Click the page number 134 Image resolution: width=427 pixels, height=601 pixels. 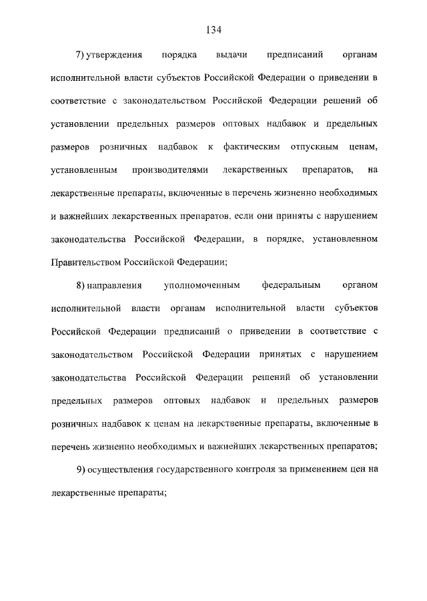coord(213,30)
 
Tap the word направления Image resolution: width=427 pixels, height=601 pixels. coord(117,285)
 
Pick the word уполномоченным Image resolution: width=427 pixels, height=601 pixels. coord(201,285)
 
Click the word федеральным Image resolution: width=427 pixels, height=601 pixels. coord(292,285)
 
